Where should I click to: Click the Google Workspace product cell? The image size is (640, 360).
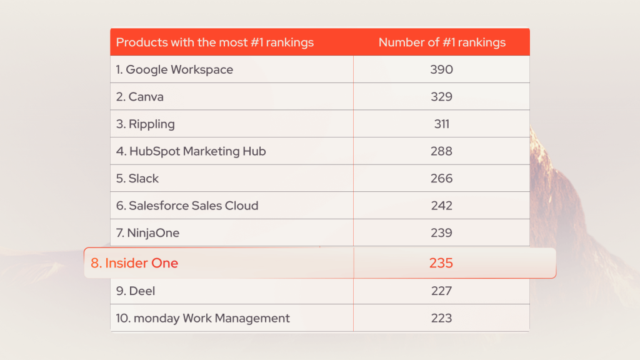[174, 69]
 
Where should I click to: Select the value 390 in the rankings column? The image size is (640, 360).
[441, 69]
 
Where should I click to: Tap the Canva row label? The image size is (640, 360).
[140, 97]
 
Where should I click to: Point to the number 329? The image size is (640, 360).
[441, 97]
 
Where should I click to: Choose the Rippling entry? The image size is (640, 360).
[146, 124]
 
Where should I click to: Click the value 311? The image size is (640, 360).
[441, 124]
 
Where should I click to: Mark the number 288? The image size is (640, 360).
[441, 151]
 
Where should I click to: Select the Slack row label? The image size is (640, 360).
[137, 178]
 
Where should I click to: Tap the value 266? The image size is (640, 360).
[441, 178]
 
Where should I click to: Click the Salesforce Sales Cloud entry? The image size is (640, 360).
[187, 206]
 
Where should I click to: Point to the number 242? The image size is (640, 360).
[441, 206]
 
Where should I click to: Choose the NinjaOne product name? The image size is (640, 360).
[147, 233]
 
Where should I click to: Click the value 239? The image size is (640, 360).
[441, 233]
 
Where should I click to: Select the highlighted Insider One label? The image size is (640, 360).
[134, 263]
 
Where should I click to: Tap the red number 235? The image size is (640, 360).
[441, 263]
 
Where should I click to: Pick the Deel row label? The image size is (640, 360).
[136, 291]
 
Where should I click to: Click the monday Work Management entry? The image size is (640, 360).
[202, 318]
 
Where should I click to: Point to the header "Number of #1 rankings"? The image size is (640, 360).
[442, 42]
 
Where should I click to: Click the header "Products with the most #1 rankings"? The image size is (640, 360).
[215, 42]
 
